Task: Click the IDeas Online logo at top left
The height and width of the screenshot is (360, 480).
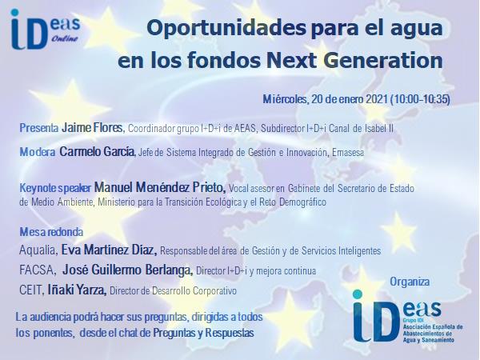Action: click(x=46, y=30)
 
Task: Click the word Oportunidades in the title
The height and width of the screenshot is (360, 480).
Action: click(x=226, y=28)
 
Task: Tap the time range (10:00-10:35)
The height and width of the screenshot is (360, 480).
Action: click(x=420, y=99)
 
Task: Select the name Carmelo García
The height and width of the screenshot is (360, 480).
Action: click(x=97, y=151)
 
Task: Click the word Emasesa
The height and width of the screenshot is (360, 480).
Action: click(x=348, y=153)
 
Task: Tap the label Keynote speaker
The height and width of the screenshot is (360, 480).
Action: click(x=55, y=188)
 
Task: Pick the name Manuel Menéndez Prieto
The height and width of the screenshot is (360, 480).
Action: click(x=160, y=187)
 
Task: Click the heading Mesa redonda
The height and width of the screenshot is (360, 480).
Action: click(x=51, y=232)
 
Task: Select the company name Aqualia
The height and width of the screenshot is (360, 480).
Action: click(x=38, y=250)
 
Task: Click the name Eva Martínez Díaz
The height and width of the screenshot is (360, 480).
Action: click(x=109, y=250)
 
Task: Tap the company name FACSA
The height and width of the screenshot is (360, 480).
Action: click(x=38, y=270)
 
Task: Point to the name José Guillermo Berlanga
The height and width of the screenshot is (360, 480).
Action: click(x=127, y=270)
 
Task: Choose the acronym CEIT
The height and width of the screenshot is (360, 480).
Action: click(x=32, y=290)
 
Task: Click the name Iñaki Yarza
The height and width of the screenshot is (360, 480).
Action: click(x=77, y=290)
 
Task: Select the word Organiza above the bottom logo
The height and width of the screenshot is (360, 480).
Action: click(x=410, y=282)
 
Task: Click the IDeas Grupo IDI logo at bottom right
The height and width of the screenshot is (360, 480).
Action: click(x=407, y=317)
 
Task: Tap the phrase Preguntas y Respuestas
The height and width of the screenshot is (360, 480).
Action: click(x=203, y=333)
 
